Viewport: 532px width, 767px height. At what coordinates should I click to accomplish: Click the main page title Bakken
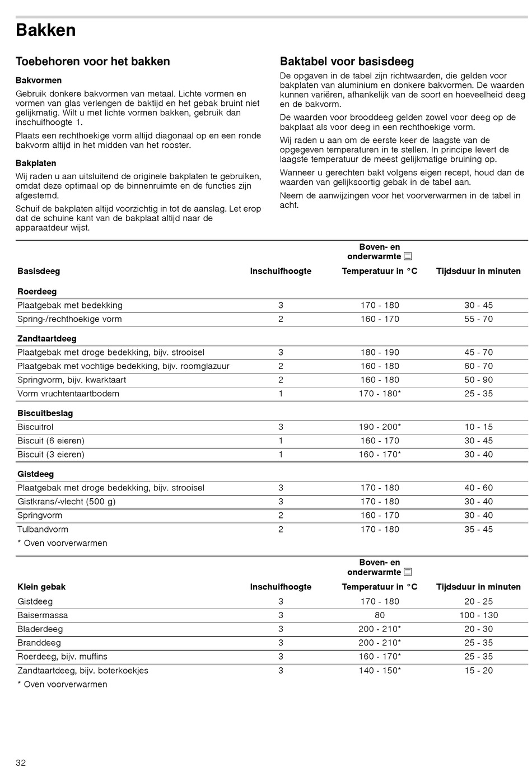(46, 30)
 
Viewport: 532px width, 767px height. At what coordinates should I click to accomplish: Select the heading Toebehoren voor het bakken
(93, 62)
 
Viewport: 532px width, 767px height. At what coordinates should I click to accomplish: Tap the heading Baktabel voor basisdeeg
(347, 62)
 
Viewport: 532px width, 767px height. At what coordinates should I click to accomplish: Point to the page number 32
(21, 763)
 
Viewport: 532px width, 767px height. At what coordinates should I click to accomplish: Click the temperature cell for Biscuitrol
(380, 427)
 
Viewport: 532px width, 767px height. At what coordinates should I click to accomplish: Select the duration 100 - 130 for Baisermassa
(478, 615)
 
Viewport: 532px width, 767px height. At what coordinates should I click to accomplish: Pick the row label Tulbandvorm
(43, 530)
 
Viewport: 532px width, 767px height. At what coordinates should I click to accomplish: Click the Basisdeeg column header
(39, 272)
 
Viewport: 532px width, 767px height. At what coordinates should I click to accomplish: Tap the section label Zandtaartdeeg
(47, 339)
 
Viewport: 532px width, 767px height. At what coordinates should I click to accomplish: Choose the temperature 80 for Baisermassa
(380, 615)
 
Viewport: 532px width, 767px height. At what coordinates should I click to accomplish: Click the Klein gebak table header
(41, 587)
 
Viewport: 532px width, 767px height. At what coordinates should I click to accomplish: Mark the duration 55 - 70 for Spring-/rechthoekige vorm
(478, 319)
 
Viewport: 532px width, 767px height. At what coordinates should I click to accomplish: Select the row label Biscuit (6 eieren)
(51, 441)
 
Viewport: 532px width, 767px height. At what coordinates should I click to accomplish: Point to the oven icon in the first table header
(408, 257)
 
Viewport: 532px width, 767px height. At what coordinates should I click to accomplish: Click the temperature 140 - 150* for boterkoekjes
(380, 671)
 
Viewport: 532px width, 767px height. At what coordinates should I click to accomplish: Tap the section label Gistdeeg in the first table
(36, 474)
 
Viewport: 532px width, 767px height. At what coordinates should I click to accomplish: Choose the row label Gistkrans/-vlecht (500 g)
(67, 502)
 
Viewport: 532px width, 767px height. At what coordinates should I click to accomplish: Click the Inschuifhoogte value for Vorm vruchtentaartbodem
(281, 394)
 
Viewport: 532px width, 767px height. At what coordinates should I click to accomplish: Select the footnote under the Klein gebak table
(62, 685)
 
